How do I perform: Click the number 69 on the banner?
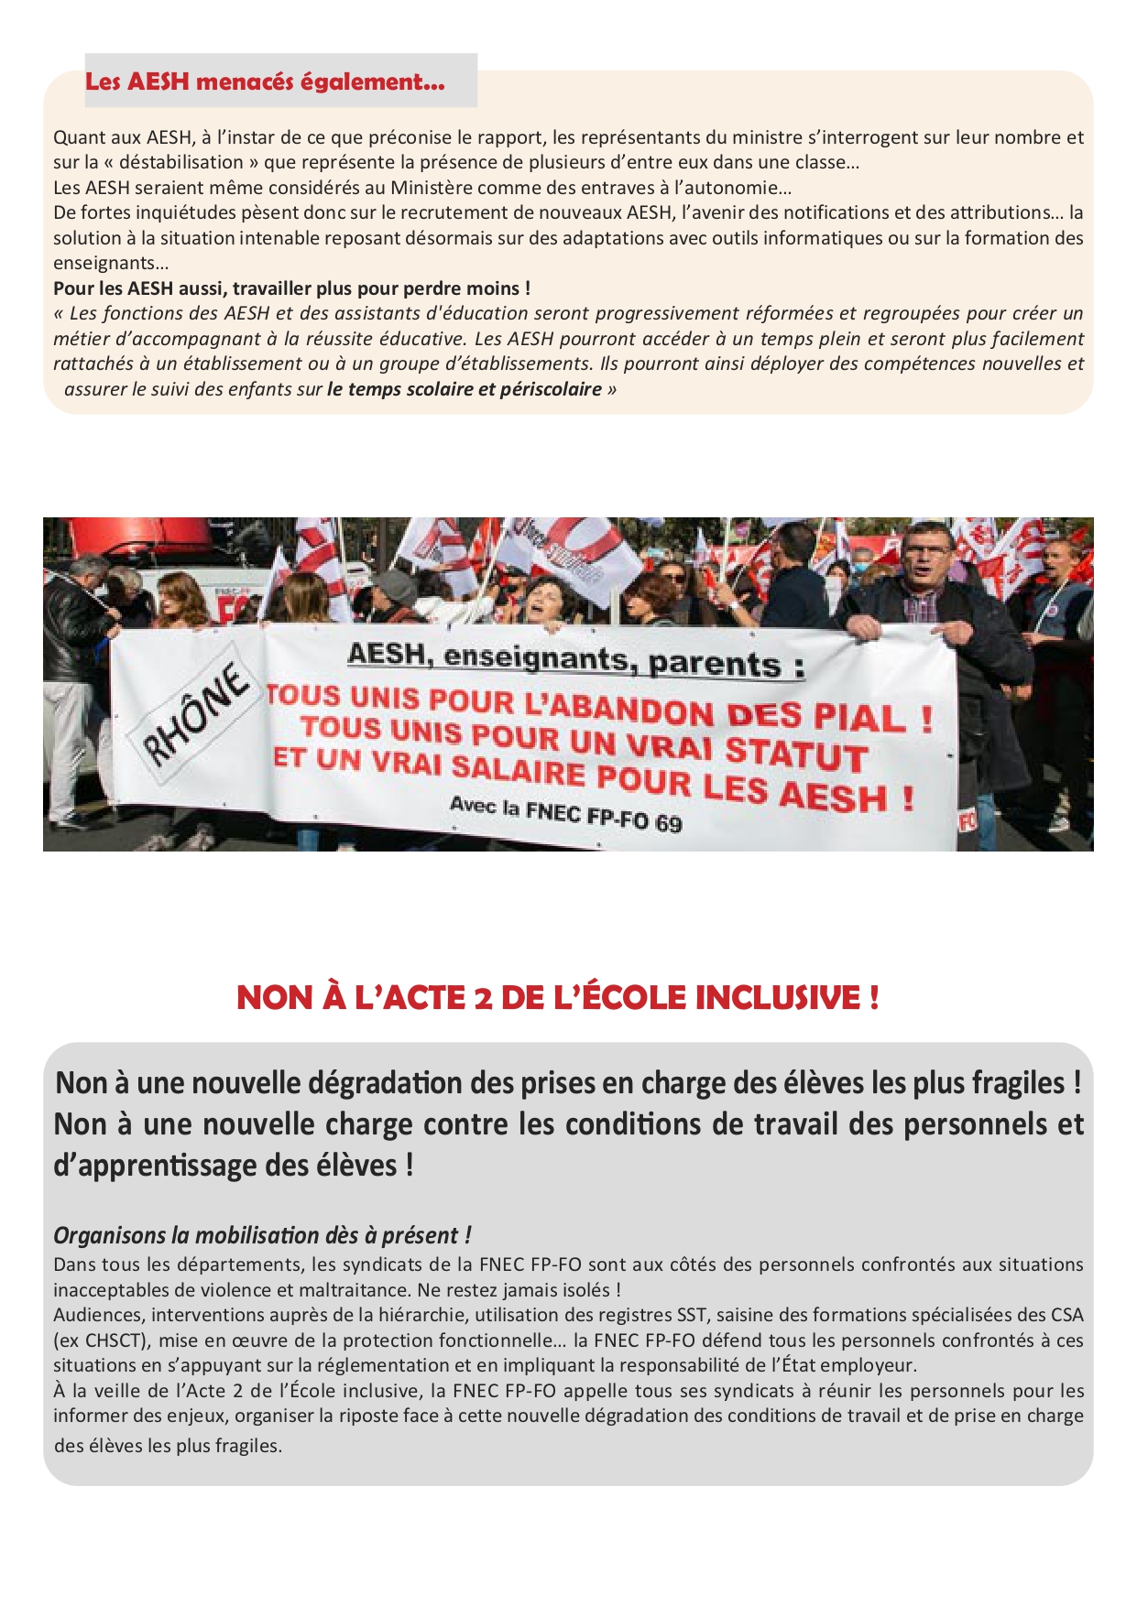point(669,822)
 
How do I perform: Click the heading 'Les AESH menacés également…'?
point(265,81)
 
